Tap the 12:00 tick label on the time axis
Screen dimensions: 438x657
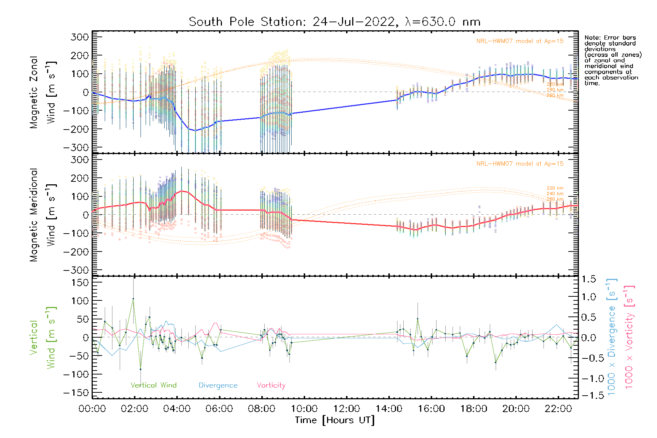pyautogui.click(x=347, y=409)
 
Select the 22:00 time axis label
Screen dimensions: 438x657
pyautogui.click(x=558, y=409)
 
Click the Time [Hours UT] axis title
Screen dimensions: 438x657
pyautogui.click(x=335, y=420)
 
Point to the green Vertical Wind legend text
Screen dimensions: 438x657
pyautogui.click(x=153, y=385)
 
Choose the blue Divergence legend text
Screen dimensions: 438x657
pyautogui.click(x=218, y=385)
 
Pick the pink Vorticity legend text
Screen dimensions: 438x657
pyautogui.click(x=271, y=385)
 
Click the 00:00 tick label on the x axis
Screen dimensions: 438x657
pyautogui.click(x=92, y=409)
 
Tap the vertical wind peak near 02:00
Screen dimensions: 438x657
pyautogui.click(x=133, y=299)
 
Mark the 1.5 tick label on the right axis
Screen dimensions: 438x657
pyautogui.click(x=588, y=279)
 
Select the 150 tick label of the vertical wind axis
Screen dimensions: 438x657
pyautogui.click(x=80, y=283)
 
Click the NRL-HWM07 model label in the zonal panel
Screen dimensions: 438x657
pyautogui.click(x=520, y=41)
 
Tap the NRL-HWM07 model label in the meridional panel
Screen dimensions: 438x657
pyautogui.click(x=520, y=164)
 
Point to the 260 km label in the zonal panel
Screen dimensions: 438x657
pyautogui.click(x=555, y=96)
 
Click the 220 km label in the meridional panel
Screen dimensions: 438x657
pyautogui.click(x=555, y=188)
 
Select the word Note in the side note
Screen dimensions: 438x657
pyautogui.click(x=592, y=38)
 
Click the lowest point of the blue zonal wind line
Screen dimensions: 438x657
pyautogui.click(x=195, y=130)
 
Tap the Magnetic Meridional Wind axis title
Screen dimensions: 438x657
pyautogui.click(x=43, y=215)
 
